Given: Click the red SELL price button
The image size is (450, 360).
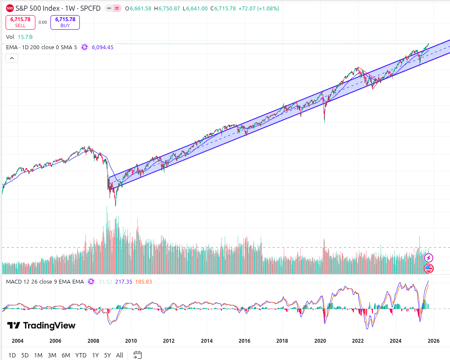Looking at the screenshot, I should click(x=20, y=22).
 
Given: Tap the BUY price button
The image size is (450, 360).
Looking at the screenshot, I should click(x=65, y=22).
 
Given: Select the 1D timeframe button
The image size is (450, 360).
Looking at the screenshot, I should click(x=12, y=355).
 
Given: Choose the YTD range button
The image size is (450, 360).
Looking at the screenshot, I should click(x=81, y=355).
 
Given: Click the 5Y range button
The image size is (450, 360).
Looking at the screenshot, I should click(x=107, y=355).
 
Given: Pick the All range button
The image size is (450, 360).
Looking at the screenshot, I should click(x=120, y=355).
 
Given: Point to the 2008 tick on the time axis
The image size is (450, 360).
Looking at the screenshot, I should click(x=93, y=341).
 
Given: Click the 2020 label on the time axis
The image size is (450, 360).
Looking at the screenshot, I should click(x=320, y=341).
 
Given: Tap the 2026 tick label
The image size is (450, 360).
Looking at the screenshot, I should click(x=434, y=341).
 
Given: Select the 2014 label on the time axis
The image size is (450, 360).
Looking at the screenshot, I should click(x=207, y=341).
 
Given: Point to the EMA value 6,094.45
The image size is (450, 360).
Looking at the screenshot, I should click(x=103, y=47).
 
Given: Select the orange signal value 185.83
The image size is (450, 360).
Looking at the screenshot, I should click(x=143, y=281).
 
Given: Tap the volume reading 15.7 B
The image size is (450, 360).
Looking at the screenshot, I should click(x=25, y=37).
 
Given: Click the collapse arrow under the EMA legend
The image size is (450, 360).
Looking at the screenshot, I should click(x=12, y=59).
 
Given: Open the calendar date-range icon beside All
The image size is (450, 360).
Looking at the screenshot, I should click(x=137, y=355).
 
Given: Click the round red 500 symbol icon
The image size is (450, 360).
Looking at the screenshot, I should click(x=10, y=9).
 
